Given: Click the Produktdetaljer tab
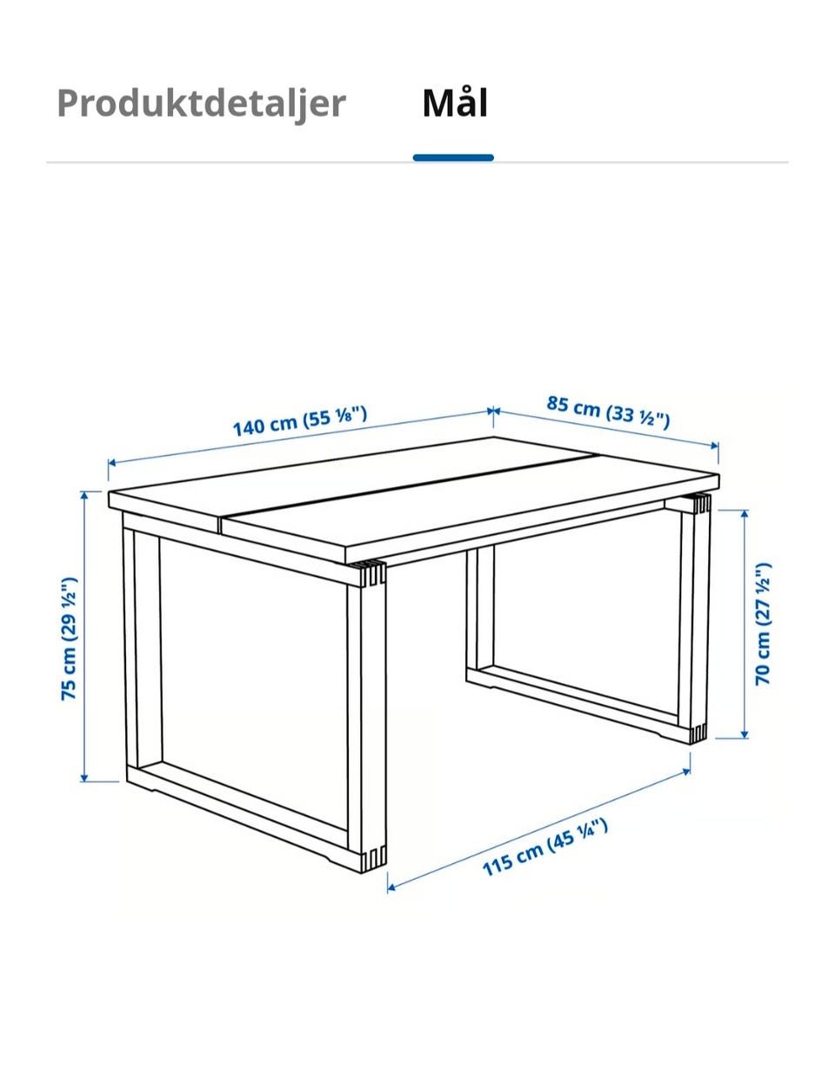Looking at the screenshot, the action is click(x=201, y=104).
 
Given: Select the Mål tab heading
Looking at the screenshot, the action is click(x=455, y=103).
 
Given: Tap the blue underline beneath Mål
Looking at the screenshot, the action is click(x=453, y=157).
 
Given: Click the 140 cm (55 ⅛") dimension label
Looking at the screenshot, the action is click(x=300, y=421).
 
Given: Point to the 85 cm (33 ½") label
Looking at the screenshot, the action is click(x=608, y=412).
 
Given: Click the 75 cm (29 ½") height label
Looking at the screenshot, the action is click(x=69, y=639).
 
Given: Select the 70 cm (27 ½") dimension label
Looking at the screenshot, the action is click(x=763, y=624).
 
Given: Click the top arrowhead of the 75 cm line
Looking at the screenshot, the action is click(x=84, y=495).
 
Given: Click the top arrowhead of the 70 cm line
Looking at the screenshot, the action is click(x=745, y=514).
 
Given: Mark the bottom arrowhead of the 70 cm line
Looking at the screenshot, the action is click(x=745, y=747).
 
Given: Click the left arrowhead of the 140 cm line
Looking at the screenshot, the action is click(x=112, y=462).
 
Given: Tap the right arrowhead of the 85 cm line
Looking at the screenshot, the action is click(x=714, y=445).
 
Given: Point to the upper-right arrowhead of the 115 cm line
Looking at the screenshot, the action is click(x=686, y=773).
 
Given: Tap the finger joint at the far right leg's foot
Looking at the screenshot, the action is click(x=698, y=733).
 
